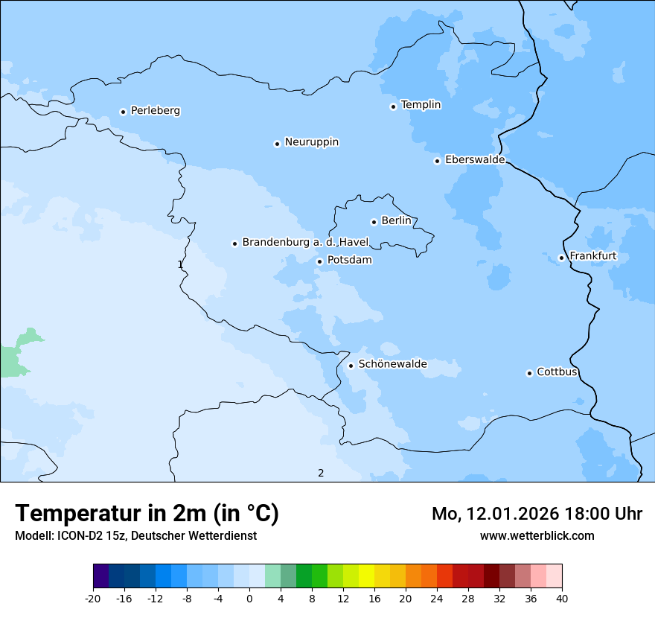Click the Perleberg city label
click(155, 111)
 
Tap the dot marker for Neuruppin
click(277, 144)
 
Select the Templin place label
click(421, 105)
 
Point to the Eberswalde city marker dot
click(438, 161)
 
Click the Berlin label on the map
click(396, 221)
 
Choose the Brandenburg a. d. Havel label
click(305, 243)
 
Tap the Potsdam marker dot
click(320, 261)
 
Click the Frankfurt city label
click(592, 257)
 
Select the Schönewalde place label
click(392, 364)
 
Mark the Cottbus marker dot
click(530, 373)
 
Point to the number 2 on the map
click(321, 473)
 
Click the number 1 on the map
click(180, 264)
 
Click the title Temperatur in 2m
click(147, 514)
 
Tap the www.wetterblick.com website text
click(537, 535)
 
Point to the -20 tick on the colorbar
click(93, 598)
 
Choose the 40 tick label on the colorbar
click(562, 598)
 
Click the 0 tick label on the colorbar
click(249, 598)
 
